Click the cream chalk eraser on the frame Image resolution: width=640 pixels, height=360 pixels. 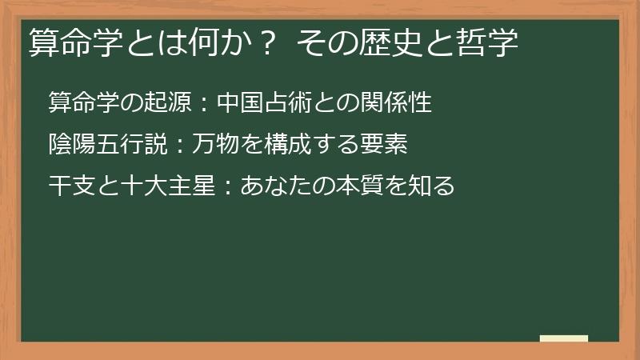(x=564, y=338)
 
